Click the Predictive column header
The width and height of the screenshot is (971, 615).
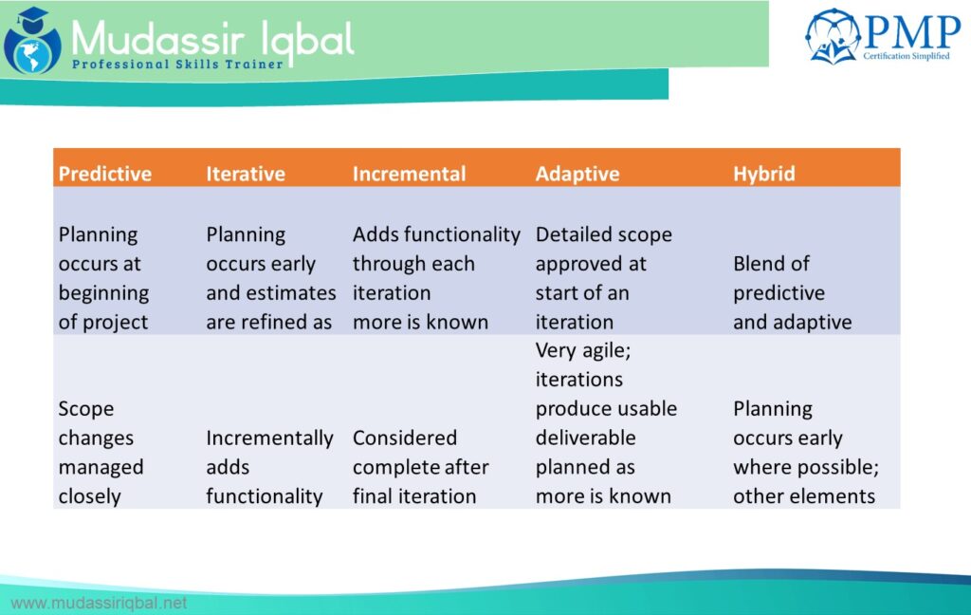[x=104, y=174]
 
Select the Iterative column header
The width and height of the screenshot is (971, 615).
[x=246, y=174]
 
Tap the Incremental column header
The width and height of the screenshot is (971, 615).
[x=409, y=174]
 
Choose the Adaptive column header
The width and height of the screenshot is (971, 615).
[x=577, y=175]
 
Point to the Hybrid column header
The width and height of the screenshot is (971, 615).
[x=763, y=175]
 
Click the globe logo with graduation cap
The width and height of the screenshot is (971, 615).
[x=32, y=41]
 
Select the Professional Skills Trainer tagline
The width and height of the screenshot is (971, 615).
[x=177, y=65]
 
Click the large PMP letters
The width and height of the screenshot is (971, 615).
[x=912, y=32]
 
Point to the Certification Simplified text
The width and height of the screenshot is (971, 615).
[x=906, y=56]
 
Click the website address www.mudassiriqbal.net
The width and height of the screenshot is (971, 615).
[x=99, y=603]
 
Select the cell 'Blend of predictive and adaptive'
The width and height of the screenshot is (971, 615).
[x=792, y=292]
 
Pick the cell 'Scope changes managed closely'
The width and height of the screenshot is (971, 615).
[x=101, y=452]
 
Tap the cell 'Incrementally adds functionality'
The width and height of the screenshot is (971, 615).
[x=269, y=467]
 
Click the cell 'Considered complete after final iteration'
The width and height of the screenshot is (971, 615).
[x=420, y=467]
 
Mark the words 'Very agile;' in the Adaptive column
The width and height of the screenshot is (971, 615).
[x=583, y=351]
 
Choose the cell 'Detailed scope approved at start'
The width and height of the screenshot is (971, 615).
[x=603, y=278]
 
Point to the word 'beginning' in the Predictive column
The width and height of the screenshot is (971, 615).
[x=103, y=293]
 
